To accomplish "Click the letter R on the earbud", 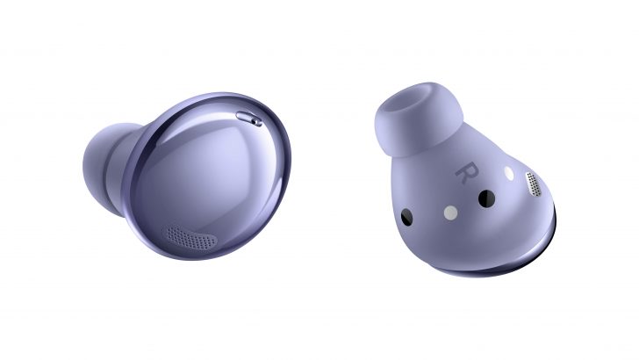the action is pos(467,172).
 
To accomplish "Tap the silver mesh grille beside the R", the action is pos(534,184).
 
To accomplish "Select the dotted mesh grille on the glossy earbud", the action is pos(191,238).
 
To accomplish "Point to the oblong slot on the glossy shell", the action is pos(249,119).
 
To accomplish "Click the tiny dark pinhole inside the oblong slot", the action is pos(256,121).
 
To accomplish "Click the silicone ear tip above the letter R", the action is pos(418,119).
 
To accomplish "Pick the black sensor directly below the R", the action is pos(486,198).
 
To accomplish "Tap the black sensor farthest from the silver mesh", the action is pos(406,217).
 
